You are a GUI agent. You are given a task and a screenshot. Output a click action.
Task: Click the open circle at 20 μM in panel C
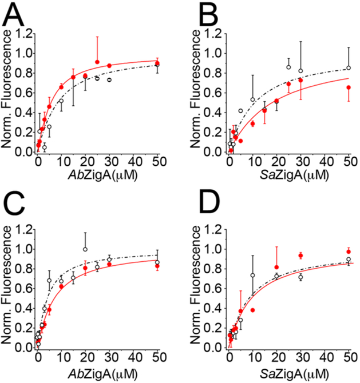[85, 249]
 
